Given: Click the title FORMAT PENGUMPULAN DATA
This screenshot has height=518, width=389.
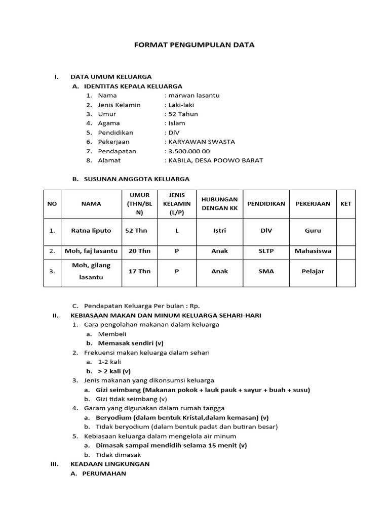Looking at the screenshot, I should (194, 45).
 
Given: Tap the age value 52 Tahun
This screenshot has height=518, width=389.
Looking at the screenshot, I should (183, 114).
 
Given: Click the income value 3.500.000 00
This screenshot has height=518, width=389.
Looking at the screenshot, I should (189, 151).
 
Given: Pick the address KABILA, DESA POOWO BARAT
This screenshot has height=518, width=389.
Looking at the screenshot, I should (215, 160).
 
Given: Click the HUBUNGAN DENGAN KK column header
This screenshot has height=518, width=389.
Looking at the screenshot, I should (219, 203).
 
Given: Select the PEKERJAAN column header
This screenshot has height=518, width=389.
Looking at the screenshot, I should (313, 203).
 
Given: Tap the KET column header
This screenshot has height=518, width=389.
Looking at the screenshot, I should (345, 203).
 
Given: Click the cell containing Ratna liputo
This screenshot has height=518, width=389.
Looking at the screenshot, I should (91, 231).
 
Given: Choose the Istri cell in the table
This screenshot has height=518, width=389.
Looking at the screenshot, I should (219, 231).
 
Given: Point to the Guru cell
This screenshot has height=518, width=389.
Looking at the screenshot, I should (313, 231).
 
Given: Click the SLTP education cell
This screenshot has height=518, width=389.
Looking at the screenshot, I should (266, 251).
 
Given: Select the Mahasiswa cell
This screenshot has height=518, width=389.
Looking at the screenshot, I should (313, 251).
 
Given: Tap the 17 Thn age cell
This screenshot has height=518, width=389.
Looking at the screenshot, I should (139, 271).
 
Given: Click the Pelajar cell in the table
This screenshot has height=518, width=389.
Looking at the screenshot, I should (313, 271).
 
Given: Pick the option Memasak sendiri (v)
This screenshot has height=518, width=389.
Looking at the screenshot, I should (127, 343).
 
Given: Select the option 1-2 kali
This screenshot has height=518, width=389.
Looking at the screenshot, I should (109, 362).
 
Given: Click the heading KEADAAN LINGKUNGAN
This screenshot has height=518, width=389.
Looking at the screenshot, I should (110, 464).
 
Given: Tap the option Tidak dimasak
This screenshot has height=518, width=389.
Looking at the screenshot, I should (119, 455).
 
